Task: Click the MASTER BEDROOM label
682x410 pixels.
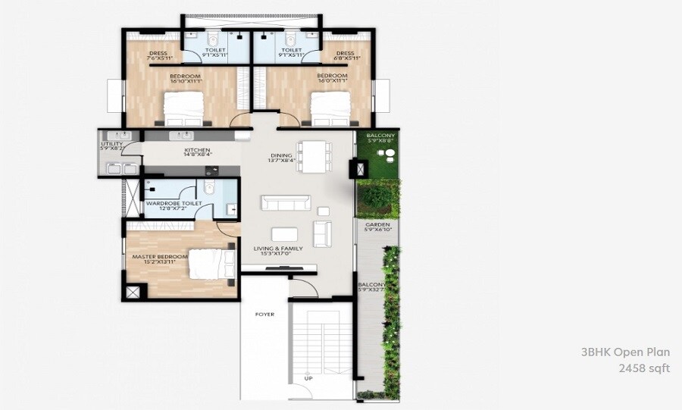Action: point(159,257)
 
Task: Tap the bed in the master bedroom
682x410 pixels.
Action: point(208,264)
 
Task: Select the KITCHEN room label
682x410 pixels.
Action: point(196,151)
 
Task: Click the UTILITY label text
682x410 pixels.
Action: point(111,143)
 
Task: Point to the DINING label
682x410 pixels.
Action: point(281,156)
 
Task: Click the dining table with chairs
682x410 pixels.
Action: point(311,157)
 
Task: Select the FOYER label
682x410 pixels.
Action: point(264,314)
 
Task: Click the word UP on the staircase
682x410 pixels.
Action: point(308,377)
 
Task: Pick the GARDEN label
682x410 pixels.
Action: point(377,225)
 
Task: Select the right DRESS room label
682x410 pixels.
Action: point(345,53)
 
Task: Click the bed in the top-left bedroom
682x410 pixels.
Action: point(184,107)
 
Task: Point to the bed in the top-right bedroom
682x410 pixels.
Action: point(330,107)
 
